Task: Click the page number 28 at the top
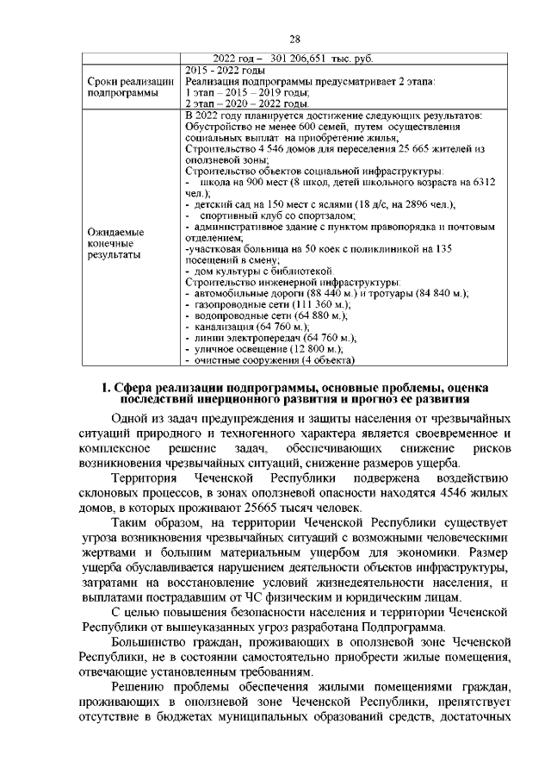tap(294, 40)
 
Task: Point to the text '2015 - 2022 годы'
tap(225, 70)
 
